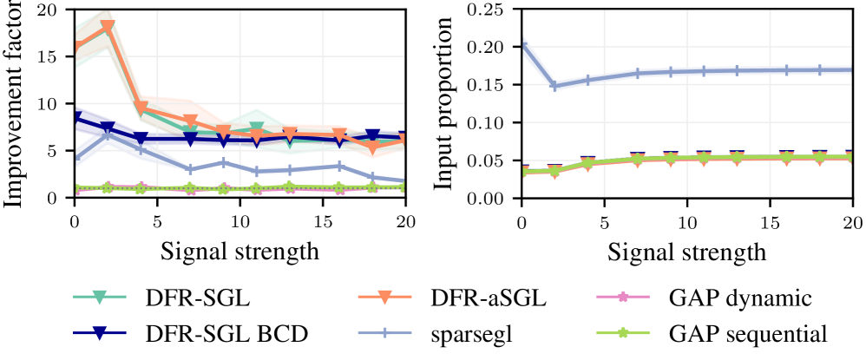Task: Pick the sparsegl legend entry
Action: pos(473,333)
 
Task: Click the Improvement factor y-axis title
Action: pos(15,104)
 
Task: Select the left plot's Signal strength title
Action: pos(239,253)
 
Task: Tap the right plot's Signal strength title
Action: pos(686,253)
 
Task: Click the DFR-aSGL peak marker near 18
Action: pos(108,28)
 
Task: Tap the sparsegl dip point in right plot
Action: pos(554,86)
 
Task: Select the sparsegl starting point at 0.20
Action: pos(522,47)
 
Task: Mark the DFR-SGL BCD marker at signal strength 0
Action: pos(75,118)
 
